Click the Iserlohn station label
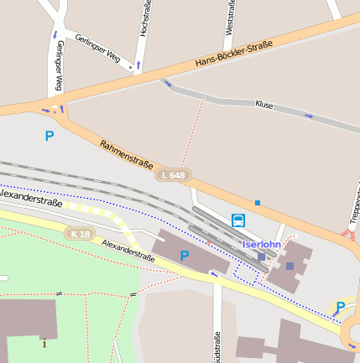click(x=261, y=244)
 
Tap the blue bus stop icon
click(x=238, y=220)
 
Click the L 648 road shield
click(x=174, y=174)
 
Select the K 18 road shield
click(x=81, y=233)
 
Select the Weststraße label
click(x=229, y=16)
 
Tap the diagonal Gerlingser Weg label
click(x=97, y=49)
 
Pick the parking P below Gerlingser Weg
click(x=50, y=135)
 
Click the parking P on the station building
click(x=185, y=255)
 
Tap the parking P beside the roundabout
click(x=340, y=307)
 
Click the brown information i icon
click(x=44, y=342)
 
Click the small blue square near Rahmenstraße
click(x=258, y=202)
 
